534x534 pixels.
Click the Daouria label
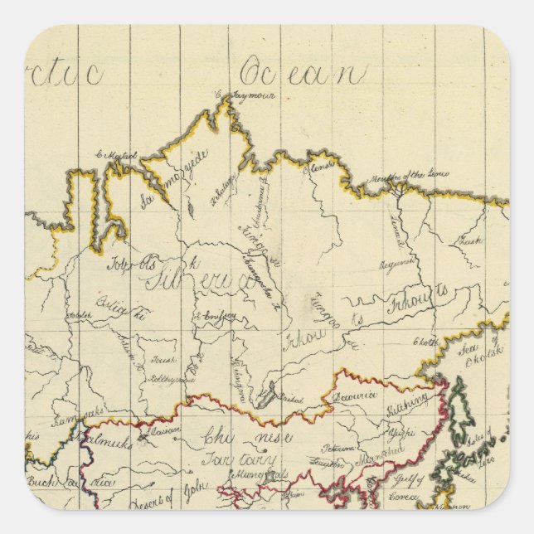click(356, 396)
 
